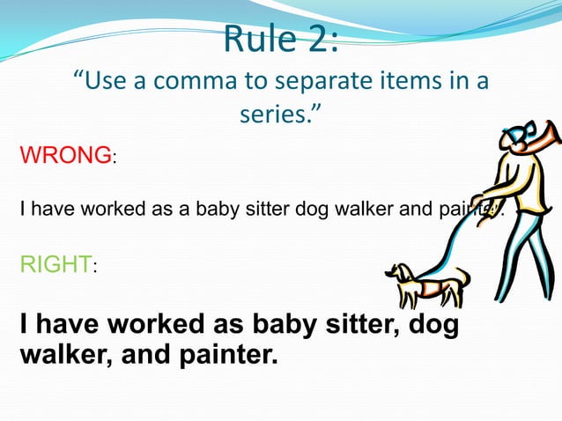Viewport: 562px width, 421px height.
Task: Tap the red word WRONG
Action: (64, 157)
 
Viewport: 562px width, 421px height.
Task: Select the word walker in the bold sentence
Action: (62, 358)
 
